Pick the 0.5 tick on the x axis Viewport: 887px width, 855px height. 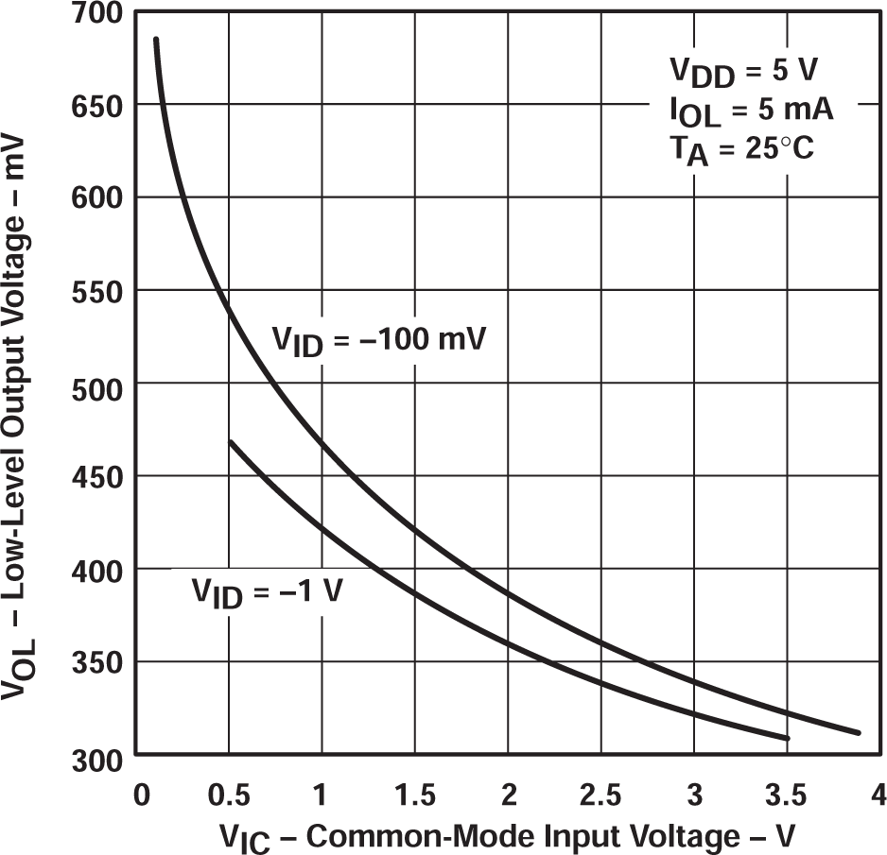(230, 795)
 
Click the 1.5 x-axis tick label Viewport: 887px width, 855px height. (415, 795)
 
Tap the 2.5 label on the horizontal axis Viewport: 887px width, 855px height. (601, 795)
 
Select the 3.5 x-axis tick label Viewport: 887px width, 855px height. (787, 795)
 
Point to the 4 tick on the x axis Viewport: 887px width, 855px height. (878, 795)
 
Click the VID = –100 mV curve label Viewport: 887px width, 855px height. (379, 341)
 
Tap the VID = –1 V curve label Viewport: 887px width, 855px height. (269, 592)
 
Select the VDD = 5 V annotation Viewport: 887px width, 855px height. (743, 73)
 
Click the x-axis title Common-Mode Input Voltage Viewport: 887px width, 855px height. (508, 835)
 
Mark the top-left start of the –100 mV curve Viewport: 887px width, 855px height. (156, 40)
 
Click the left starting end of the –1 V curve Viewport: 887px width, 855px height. (230, 441)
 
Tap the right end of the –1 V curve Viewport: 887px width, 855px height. (787, 738)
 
